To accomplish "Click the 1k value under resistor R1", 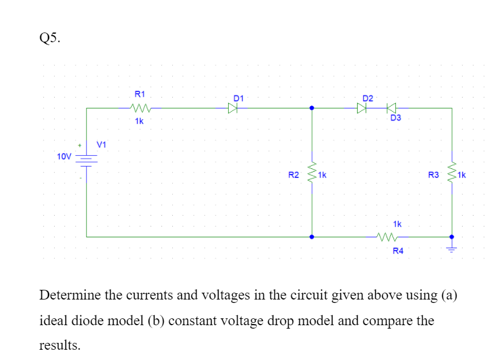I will tap(139, 122).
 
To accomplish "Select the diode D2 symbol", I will tap(362, 107).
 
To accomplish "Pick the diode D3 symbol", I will tap(391, 107).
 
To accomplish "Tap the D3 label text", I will tap(396, 119).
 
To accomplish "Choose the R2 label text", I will tap(293, 175).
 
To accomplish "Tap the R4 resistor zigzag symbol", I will tap(386, 237).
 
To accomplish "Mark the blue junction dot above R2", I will tap(311, 107).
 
